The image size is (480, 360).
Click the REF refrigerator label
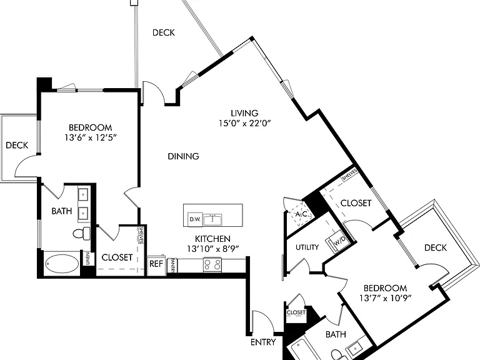click(x=156, y=264)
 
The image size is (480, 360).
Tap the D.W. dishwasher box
click(x=195, y=219)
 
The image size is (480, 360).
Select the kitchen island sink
click(x=212, y=219)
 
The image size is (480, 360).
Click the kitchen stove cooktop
click(x=212, y=264)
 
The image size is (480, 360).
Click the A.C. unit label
click(x=302, y=214)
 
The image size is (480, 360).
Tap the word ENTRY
click(x=263, y=342)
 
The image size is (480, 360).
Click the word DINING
click(x=183, y=156)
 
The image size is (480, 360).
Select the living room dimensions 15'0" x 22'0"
click(x=244, y=123)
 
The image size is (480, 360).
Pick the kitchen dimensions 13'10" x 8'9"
click(x=212, y=249)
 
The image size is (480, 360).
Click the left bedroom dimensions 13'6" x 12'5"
click(x=91, y=137)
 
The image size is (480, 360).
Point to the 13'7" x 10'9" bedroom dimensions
click(x=385, y=298)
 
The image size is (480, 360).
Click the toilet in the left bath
click(x=81, y=233)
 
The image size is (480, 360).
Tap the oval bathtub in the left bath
click(x=61, y=264)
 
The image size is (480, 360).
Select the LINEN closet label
click(x=88, y=259)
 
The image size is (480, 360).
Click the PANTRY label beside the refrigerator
click(x=172, y=265)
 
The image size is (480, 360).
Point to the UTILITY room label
click(x=307, y=247)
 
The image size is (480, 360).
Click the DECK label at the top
click(x=164, y=32)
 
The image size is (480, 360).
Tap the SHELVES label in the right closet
click(x=349, y=174)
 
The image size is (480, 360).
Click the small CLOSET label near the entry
click(x=296, y=312)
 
